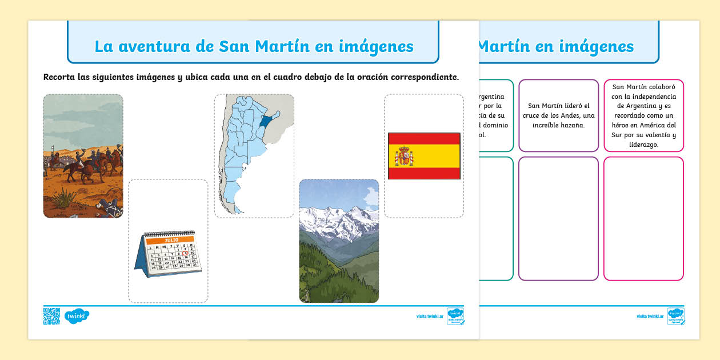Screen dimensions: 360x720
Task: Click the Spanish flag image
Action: coord(424,156)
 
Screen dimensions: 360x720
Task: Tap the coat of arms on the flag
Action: coord(405,155)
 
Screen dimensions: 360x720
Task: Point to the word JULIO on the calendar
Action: coord(171,241)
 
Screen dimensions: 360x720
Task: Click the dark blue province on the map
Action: coord(265,121)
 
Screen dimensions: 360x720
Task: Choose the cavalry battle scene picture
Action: coord(83,155)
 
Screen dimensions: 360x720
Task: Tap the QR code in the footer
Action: coord(51,316)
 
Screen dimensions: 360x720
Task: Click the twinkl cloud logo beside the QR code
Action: coord(77,315)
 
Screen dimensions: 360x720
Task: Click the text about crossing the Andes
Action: coord(558,115)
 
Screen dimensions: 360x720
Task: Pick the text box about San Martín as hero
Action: coord(643,115)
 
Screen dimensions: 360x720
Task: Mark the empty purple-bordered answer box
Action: coord(558,219)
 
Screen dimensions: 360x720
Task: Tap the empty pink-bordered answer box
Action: coord(643,219)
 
